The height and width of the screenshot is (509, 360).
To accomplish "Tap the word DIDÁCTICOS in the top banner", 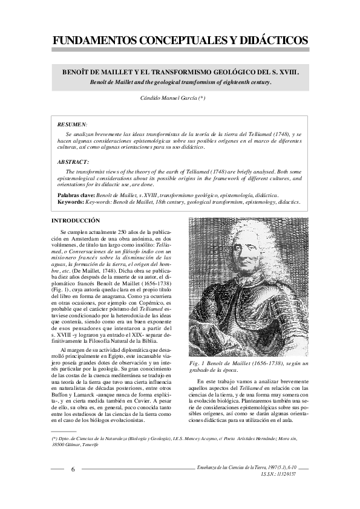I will [270, 41].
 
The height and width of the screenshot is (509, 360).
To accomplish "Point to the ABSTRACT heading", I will [73, 162].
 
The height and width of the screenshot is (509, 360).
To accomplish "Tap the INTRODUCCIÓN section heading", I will [76, 221].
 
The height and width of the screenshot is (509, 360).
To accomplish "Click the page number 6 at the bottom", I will [73, 469].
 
